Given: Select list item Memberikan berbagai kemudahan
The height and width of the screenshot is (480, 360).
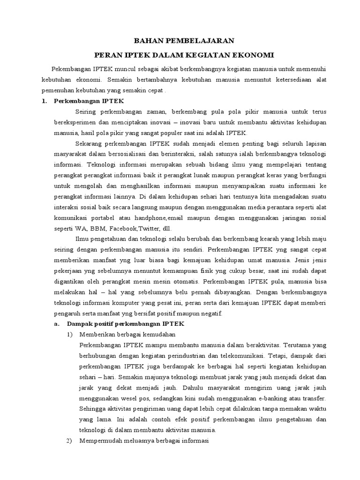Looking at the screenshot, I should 127,335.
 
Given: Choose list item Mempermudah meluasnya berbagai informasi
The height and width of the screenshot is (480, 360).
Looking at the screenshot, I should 144,441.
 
